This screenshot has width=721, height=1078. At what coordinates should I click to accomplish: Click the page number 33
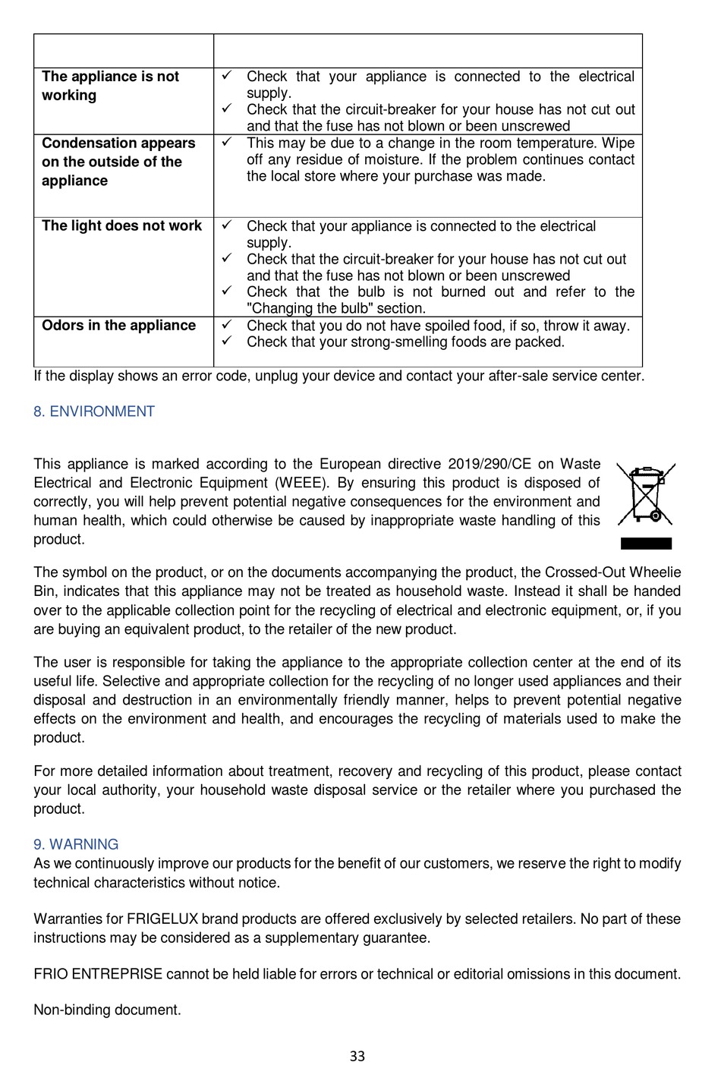click(357, 1056)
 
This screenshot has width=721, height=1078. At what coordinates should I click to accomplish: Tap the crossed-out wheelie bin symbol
click(645, 494)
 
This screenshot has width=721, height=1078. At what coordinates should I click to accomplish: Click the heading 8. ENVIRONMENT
click(94, 411)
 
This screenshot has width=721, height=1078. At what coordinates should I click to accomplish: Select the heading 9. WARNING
click(76, 844)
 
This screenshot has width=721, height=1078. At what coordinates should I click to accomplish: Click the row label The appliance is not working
click(110, 86)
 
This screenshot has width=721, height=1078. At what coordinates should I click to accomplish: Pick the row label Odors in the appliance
click(118, 326)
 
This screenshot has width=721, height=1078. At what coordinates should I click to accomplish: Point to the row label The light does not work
click(121, 225)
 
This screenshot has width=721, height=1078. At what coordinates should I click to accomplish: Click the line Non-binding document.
click(107, 1010)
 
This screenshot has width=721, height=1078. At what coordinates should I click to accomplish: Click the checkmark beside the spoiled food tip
click(226, 325)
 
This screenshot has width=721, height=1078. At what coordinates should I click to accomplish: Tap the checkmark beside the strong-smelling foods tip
click(226, 342)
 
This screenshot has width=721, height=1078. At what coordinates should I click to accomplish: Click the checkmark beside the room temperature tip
click(226, 142)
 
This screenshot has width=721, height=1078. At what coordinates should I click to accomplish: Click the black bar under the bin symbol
click(646, 543)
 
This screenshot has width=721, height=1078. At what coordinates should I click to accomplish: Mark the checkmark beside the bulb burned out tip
click(226, 292)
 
